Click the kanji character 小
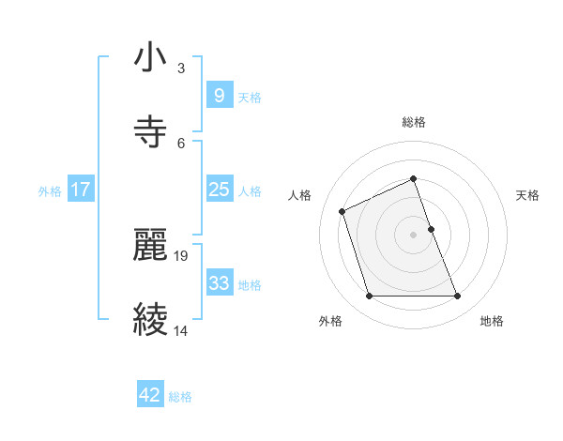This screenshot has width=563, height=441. tap(151, 59)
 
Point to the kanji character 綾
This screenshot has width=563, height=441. tap(151, 319)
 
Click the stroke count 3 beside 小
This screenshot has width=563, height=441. tap(180, 68)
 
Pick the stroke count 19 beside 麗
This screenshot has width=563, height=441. tap(182, 255)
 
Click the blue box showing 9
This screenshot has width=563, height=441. tap(219, 96)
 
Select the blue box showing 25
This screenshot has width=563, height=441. tap(219, 190)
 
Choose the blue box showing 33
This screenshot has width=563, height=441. tap(219, 283)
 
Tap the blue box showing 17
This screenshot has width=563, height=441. tap(80, 190)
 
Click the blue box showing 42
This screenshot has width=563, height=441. tap(150, 395)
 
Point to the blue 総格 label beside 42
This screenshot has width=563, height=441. tap(180, 397)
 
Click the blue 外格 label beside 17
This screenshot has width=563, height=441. tap(50, 191)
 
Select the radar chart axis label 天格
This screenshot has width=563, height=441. tap(528, 195)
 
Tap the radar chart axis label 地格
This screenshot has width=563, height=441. tap(492, 321)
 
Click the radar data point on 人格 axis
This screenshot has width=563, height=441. tap(343, 210)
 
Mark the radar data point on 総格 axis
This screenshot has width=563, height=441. tap(413, 178)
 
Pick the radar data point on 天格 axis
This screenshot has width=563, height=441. tap(431, 228)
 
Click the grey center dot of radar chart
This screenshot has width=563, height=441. tap(413, 234)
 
